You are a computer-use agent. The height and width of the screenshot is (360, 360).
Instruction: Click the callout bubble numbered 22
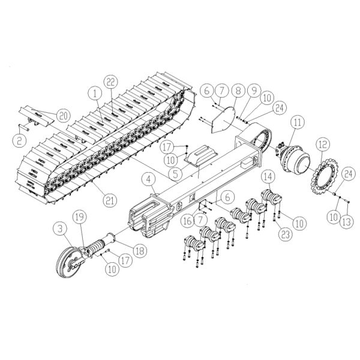(x=110, y=82)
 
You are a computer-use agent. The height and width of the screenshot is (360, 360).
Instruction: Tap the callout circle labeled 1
(x=95, y=94)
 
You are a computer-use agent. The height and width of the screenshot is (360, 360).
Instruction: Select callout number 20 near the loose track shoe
(x=63, y=115)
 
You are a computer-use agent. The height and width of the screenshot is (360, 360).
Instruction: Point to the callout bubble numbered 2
(x=19, y=140)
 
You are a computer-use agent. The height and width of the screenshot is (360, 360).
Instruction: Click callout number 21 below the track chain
(x=110, y=200)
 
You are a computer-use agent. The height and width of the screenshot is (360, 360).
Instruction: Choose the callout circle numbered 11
(x=298, y=122)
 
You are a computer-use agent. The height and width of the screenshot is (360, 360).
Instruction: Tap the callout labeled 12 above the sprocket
(x=323, y=145)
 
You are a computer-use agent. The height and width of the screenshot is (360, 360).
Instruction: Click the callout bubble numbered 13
(x=346, y=221)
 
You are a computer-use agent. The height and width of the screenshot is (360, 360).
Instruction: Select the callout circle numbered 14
(x=268, y=176)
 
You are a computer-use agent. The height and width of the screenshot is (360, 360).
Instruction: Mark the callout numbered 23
(x=286, y=234)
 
